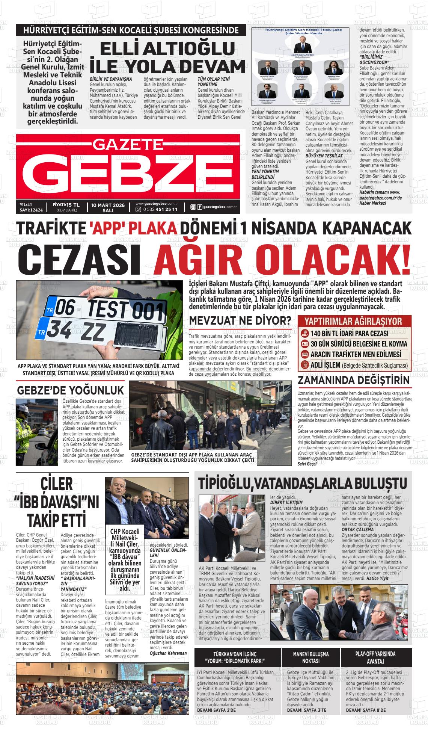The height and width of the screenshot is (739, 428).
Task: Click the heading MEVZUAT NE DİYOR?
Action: [240, 320]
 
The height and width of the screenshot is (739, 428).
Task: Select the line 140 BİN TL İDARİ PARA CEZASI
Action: [349, 334]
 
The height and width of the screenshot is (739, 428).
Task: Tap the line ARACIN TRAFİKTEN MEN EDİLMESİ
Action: [356, 354]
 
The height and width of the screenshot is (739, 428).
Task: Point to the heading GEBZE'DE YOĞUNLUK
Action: [70, 389]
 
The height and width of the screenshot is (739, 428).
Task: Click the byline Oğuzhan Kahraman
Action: [168, 653]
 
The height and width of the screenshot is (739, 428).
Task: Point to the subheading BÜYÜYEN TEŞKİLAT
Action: [324, 155]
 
